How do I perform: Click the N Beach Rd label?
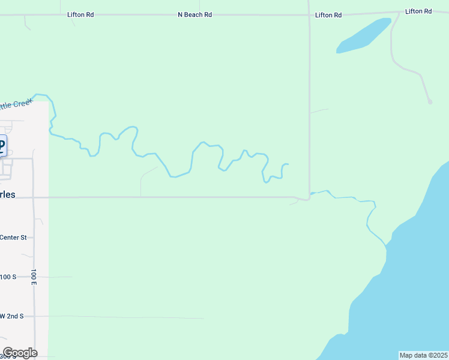(194, 14)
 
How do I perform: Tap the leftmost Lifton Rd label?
(80, 14)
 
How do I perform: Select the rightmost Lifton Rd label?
(418, 11)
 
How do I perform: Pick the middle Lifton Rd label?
(328, 15)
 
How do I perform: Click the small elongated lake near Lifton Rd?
(364, 36)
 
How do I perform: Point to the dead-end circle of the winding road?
(430, 102)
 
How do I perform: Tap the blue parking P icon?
(2, 145)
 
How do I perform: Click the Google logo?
(20, 353)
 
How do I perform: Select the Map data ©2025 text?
(424, 355)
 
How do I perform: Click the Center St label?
(13, 238)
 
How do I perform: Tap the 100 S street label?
(8, 277)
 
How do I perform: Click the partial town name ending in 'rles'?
(7, 195)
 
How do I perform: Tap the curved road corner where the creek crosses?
(306, 197)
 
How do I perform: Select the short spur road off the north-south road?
(319, 111)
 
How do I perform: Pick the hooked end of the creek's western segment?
(286, 164)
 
